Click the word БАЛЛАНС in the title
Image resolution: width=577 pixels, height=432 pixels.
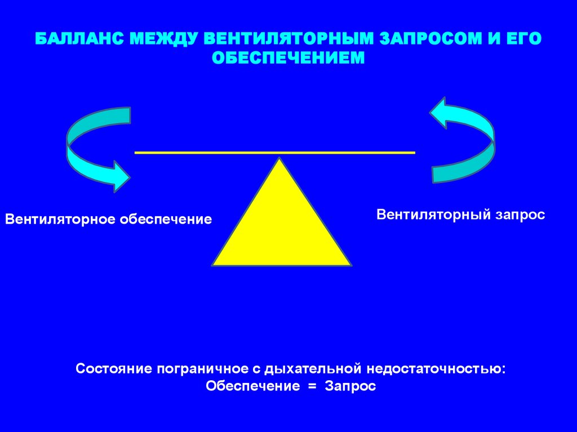tap(78, 40)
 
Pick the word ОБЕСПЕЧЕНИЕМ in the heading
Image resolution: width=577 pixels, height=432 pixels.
tap(288, 57)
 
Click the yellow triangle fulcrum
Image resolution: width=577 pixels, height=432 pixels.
tap(281, 225)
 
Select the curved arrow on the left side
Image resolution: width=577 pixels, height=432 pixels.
tap(85, 152)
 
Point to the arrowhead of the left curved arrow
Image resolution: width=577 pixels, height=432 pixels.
tap(120, 175)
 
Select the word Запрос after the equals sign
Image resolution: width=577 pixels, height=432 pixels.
tap(349, 387)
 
